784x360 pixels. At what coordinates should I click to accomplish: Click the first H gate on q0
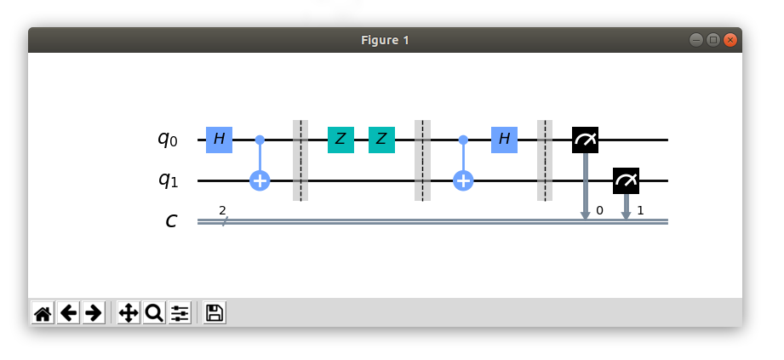(219, 139)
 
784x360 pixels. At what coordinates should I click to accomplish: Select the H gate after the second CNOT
(504, 139)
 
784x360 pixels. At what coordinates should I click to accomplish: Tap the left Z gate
(340, 139)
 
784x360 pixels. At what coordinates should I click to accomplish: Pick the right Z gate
(381, 139)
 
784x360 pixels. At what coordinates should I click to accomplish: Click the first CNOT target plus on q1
(260, 180)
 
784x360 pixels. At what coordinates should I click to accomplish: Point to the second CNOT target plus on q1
(463, 180)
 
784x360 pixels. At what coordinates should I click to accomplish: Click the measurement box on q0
(585, 139)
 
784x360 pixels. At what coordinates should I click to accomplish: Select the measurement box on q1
(626, 180)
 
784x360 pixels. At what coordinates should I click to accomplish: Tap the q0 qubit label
(167, 140)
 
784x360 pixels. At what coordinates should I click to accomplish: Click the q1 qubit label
(167, 181)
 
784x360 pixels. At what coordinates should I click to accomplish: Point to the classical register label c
(171, 221)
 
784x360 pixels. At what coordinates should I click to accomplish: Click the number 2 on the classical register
(222, 209)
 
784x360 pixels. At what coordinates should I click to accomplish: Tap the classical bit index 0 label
(599, 209)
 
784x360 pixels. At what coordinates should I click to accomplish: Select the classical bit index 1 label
(640, 209)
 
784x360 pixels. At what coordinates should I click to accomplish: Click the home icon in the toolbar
(43, 313)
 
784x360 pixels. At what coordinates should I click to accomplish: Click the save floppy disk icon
(215, 313)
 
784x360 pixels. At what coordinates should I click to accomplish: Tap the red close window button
(730, 40)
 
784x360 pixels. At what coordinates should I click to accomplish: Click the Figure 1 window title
(385, 40)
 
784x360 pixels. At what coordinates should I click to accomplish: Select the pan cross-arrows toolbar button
(129, 313)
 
